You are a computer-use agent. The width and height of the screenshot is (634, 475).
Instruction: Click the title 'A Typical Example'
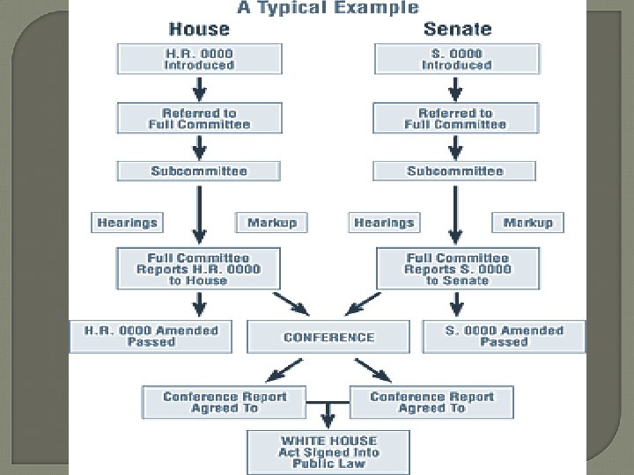click(x=327, y=8)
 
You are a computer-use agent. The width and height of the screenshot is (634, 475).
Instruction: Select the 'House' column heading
click(x=199, y=29)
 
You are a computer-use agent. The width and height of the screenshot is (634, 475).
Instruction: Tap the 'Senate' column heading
click(x=457, y=29)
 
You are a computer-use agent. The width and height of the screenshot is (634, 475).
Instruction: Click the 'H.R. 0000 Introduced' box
click(x=199, y=59)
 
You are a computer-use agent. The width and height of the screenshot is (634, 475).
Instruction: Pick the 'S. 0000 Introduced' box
click(x=455, y=59)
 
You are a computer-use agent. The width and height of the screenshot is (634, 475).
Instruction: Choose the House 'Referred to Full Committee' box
click(x=199, y=119)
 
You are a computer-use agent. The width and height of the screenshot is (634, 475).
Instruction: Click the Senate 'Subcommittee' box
click(x=455, y=171)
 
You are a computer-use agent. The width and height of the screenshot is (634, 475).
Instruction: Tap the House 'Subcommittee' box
click(x=199, y=171)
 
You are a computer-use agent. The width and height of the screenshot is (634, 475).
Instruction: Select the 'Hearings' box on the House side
click(x=127, y=223)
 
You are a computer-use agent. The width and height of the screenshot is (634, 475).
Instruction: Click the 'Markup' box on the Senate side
click(x=527, y=223)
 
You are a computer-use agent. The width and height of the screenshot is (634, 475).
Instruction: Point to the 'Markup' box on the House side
click(x=271, y=223)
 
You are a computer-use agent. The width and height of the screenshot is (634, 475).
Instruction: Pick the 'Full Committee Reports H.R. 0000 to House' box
click(x=199, y=268)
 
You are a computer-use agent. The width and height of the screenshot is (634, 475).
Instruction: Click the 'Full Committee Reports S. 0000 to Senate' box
click(x=457, y=268)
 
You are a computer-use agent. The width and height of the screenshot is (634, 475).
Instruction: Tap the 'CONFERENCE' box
click(x=328, y=337)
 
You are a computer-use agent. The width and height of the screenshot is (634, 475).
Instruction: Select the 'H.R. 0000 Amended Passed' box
click(x=151, y=336)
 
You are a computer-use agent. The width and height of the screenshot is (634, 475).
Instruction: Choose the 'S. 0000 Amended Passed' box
click(x=504, y=336)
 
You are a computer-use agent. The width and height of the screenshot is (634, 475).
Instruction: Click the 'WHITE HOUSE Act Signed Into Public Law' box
click(x=328, y=452)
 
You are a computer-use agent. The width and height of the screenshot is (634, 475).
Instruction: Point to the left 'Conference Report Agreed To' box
click(x=225, y=402)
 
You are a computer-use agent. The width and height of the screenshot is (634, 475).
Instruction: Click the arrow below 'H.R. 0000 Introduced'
click(x=199, y=88)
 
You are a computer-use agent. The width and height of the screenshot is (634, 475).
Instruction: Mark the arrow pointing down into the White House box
click(x=328, y=414)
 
